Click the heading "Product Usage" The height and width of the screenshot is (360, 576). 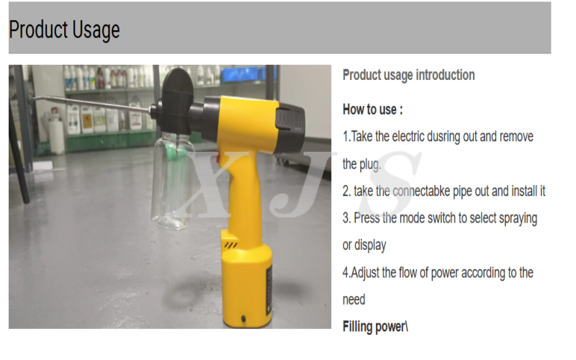coord(64,30)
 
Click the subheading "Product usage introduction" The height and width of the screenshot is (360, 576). coord(408,75)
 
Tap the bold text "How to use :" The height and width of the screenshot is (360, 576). coord(372,109)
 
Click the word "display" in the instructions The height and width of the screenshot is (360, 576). coord(370,246)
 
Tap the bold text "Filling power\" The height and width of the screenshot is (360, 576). coord(375,327)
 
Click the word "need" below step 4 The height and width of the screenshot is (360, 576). coord(354,300)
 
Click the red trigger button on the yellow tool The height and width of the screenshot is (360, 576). coord(218,158)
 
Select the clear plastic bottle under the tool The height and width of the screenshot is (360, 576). coord(172,180)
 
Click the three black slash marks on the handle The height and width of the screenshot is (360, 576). coord(231,245)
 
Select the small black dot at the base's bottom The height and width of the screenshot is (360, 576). coord(243,318)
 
